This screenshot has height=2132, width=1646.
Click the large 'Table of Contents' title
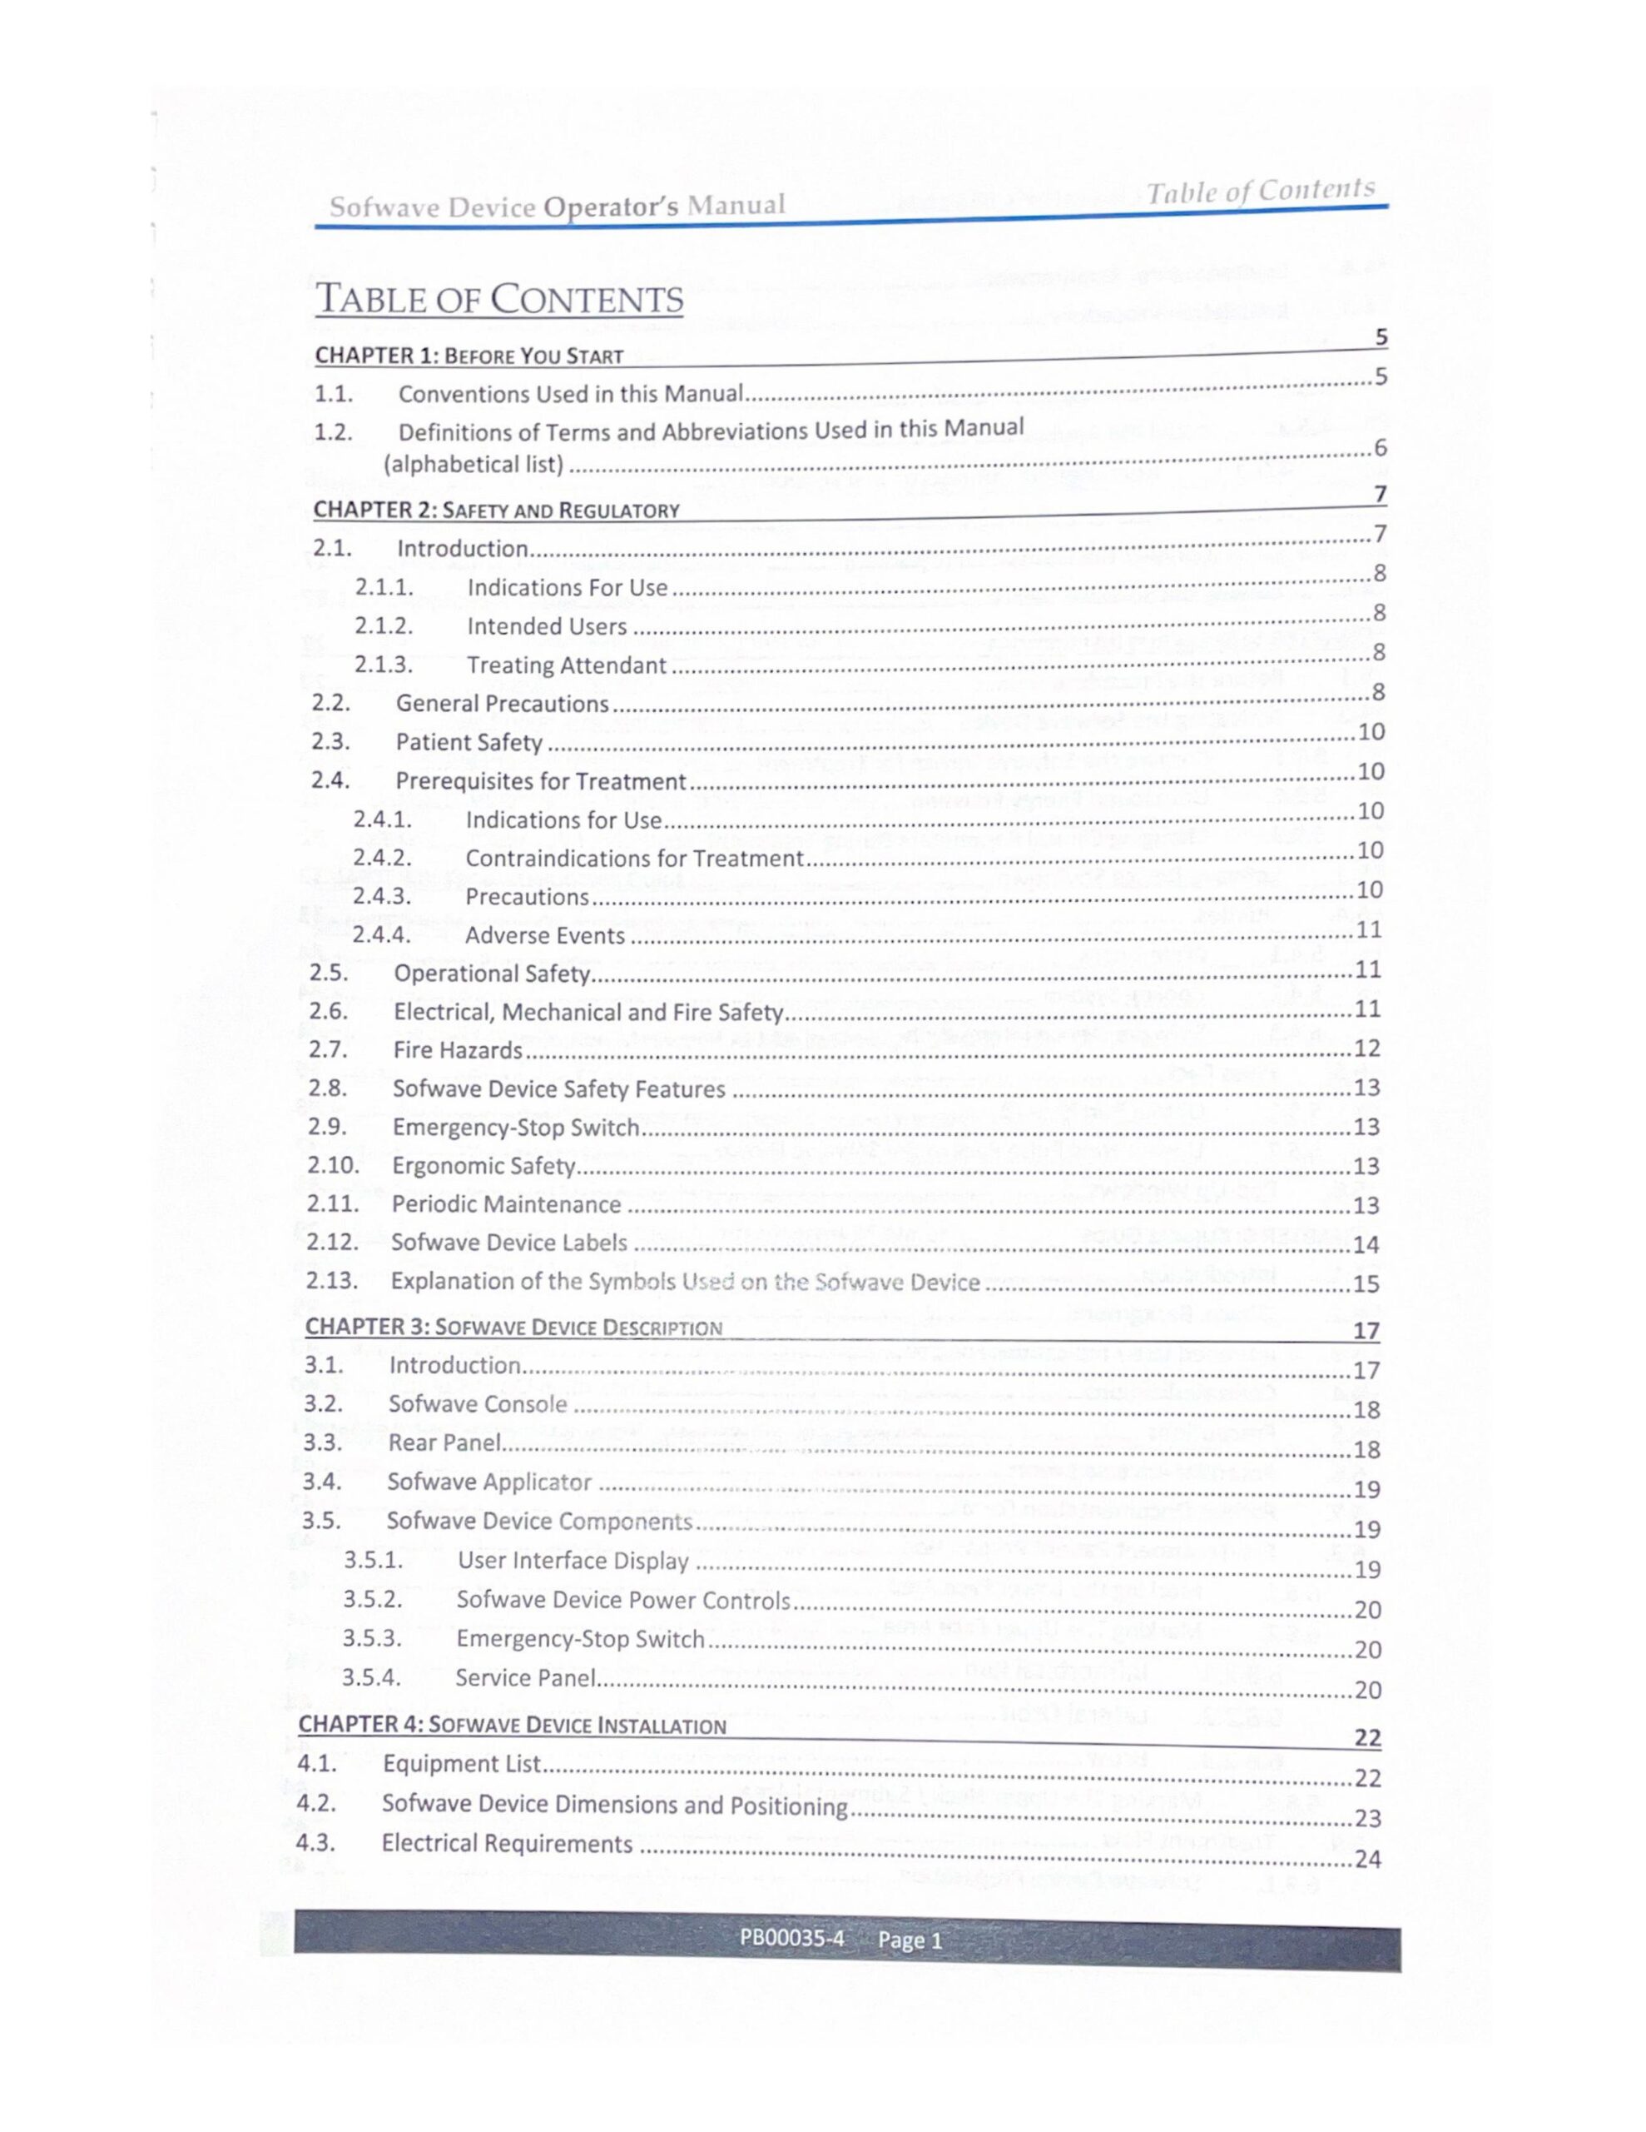click(498, 299)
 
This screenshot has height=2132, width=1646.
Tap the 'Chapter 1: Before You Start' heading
click(469, 356)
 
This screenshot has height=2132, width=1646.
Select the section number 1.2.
click(333, 431)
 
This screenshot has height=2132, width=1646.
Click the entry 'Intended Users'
click(547, 627)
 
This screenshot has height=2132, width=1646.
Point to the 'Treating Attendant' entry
click(566, 665)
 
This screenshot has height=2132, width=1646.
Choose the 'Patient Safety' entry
click(469, 743)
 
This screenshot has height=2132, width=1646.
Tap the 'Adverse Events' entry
click(544, 936)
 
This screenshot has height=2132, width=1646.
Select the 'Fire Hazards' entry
click(458, 1050)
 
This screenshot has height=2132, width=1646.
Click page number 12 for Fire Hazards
click(1367, 1049)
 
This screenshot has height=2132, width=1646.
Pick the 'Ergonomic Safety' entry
click(483, 1166)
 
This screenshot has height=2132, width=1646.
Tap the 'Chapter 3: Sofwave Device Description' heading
click(513, 1328)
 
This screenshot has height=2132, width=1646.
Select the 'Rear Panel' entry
click(444, 1442)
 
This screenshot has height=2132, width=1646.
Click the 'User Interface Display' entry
click(573, 1561)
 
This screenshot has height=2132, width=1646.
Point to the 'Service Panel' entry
click(525, 1678)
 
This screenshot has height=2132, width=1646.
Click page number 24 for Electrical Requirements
click(1368, 1860)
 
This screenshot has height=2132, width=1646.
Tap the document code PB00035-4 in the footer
click(791, 1939)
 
